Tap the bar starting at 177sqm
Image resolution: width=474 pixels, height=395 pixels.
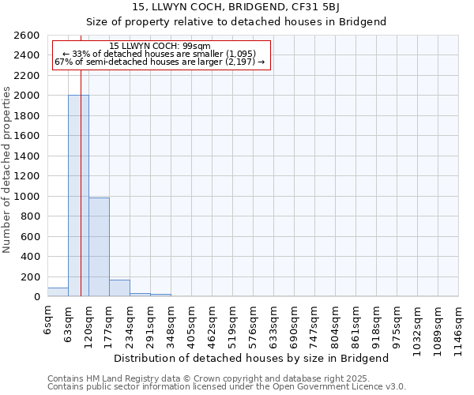tap(119, 288)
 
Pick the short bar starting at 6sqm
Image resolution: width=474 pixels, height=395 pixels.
tap(58, 292)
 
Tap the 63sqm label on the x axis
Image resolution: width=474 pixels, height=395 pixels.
tap(69, 322)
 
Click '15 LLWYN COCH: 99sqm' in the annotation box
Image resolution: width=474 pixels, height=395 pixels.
tap(160, 47)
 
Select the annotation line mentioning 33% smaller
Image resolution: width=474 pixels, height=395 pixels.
tap(160, 54)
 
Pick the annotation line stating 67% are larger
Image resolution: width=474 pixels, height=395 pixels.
tap(160, 62)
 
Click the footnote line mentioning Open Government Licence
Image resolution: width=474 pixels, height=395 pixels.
tap(227, 386)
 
